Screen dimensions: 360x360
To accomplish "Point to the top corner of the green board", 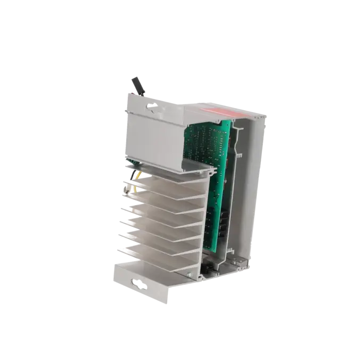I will tap(231, 122).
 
